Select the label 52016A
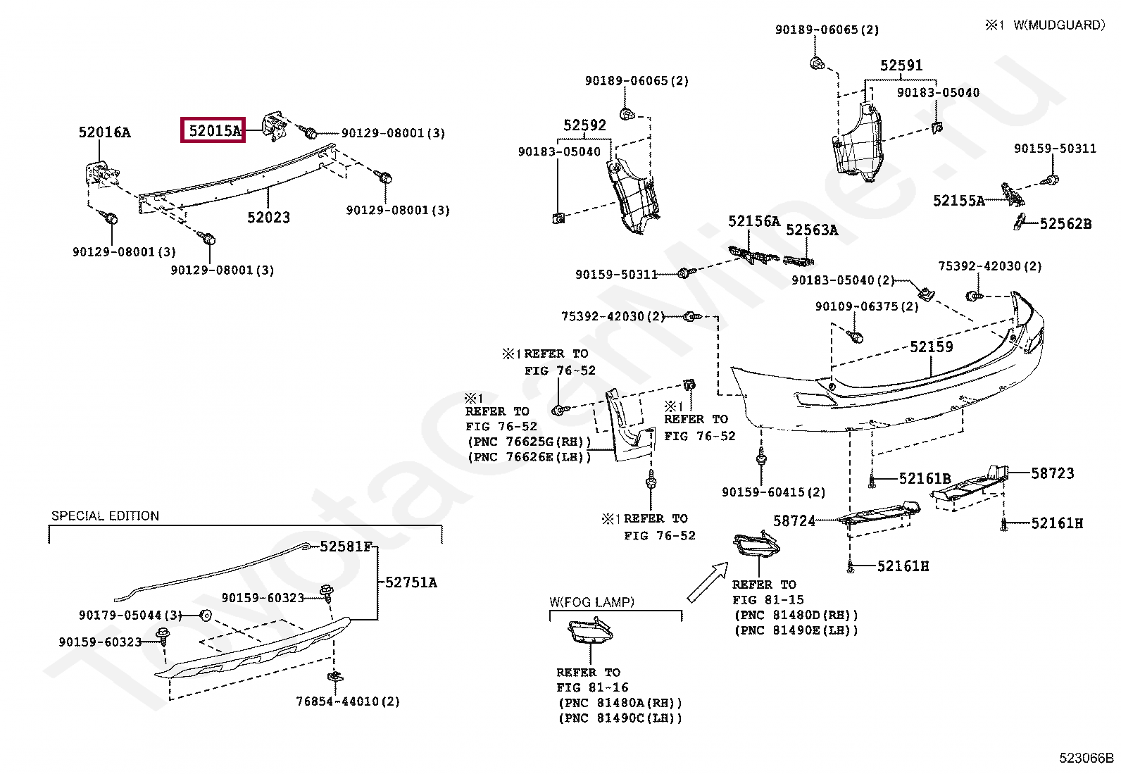(x=105, y=132)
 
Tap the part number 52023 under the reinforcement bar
(x=269, y=218)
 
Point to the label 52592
(x=584, y=125)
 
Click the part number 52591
(x=901, y=65)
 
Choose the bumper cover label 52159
(x=932, y=347)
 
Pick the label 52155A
(x=959, y=201)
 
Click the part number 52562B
(x=1065, y=224)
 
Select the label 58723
(x=1053, y=473)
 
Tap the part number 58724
(x=794, y=520)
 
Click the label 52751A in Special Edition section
(x=411, y=582)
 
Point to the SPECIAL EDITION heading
(x=105, y=516)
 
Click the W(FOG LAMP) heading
(x=591, y=601)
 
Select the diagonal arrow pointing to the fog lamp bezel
(x=708, y=581)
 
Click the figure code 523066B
(x=1086, y=758)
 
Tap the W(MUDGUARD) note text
(x=1059, y=25)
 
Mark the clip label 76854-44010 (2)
(x=348, y=701)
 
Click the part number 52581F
(x=346, y=547)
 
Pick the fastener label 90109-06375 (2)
(x=867, y=306)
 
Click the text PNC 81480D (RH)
(x=796, y=615)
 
